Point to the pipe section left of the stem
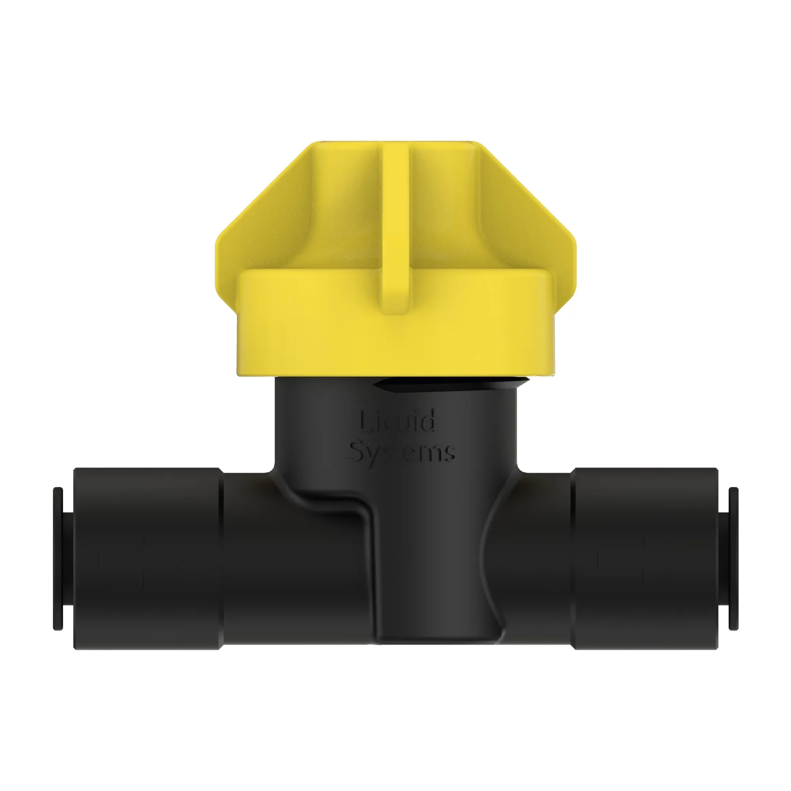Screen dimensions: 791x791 [x=291, y=573]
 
